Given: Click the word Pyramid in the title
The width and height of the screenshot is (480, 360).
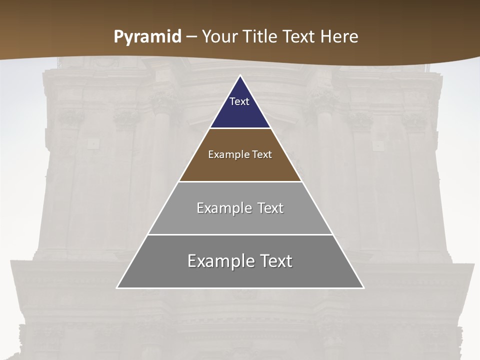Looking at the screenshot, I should tap(147, 37).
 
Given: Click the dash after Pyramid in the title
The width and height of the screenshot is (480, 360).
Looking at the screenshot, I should tap(191, 37).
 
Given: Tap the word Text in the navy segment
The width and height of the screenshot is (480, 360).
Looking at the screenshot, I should tap(239, 101).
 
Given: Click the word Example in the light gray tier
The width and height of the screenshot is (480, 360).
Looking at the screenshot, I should tap(222, 208).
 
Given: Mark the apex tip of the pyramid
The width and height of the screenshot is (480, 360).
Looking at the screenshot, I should tap(240, 76).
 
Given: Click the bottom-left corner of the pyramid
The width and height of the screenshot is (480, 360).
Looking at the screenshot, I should tap(117, 287).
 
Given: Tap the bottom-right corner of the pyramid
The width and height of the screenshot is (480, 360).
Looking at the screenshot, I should tap(363, 287).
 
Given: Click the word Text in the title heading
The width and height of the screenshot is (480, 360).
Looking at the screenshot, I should tap(300, 36).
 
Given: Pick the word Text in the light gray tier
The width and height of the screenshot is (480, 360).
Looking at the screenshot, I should tap(270, 208).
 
